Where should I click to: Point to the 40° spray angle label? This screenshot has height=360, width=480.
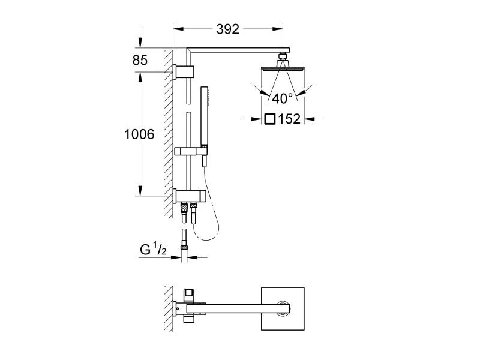pyautogui.click(x=281, y=97)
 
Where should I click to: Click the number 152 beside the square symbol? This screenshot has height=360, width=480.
pyautogui.click(x=289, y=119)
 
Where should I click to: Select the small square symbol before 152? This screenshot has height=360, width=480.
pyautogui.click(x=270, y=119)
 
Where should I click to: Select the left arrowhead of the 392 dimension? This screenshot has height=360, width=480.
pyautogui.click(x=178, y=29)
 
